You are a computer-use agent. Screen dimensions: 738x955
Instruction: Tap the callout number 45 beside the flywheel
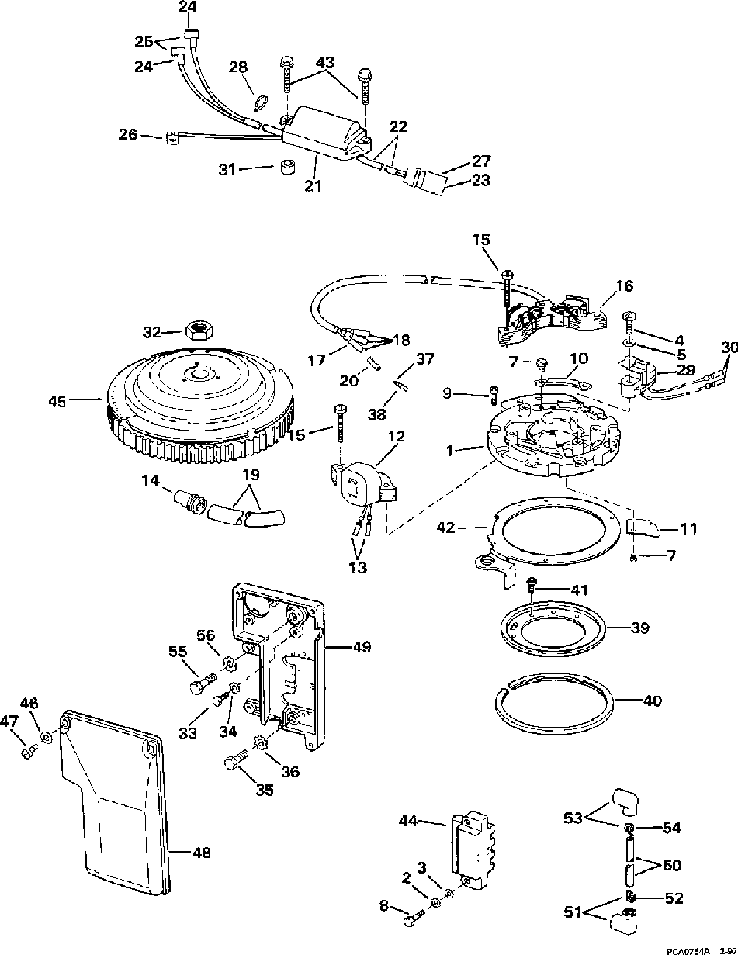[x=57, y=402]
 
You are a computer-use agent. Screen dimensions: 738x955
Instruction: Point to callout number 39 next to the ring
[x=639, y=628]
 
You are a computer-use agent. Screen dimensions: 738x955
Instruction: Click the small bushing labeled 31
[x=287, y=168]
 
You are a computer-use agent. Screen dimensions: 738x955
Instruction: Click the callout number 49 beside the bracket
[x=361, y=646]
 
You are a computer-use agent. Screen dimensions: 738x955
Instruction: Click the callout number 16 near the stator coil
[x=624, y=286]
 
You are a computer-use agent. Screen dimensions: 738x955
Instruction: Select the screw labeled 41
[x=532, y=585]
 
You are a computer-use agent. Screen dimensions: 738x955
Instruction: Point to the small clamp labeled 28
[x=260, y=103]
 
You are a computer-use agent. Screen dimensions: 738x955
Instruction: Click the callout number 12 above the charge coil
[x=396, y=437]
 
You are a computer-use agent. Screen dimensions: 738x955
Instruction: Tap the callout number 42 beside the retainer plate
[x=445, y=527]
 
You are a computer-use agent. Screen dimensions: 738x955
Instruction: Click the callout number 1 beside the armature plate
[x=449, y=451]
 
